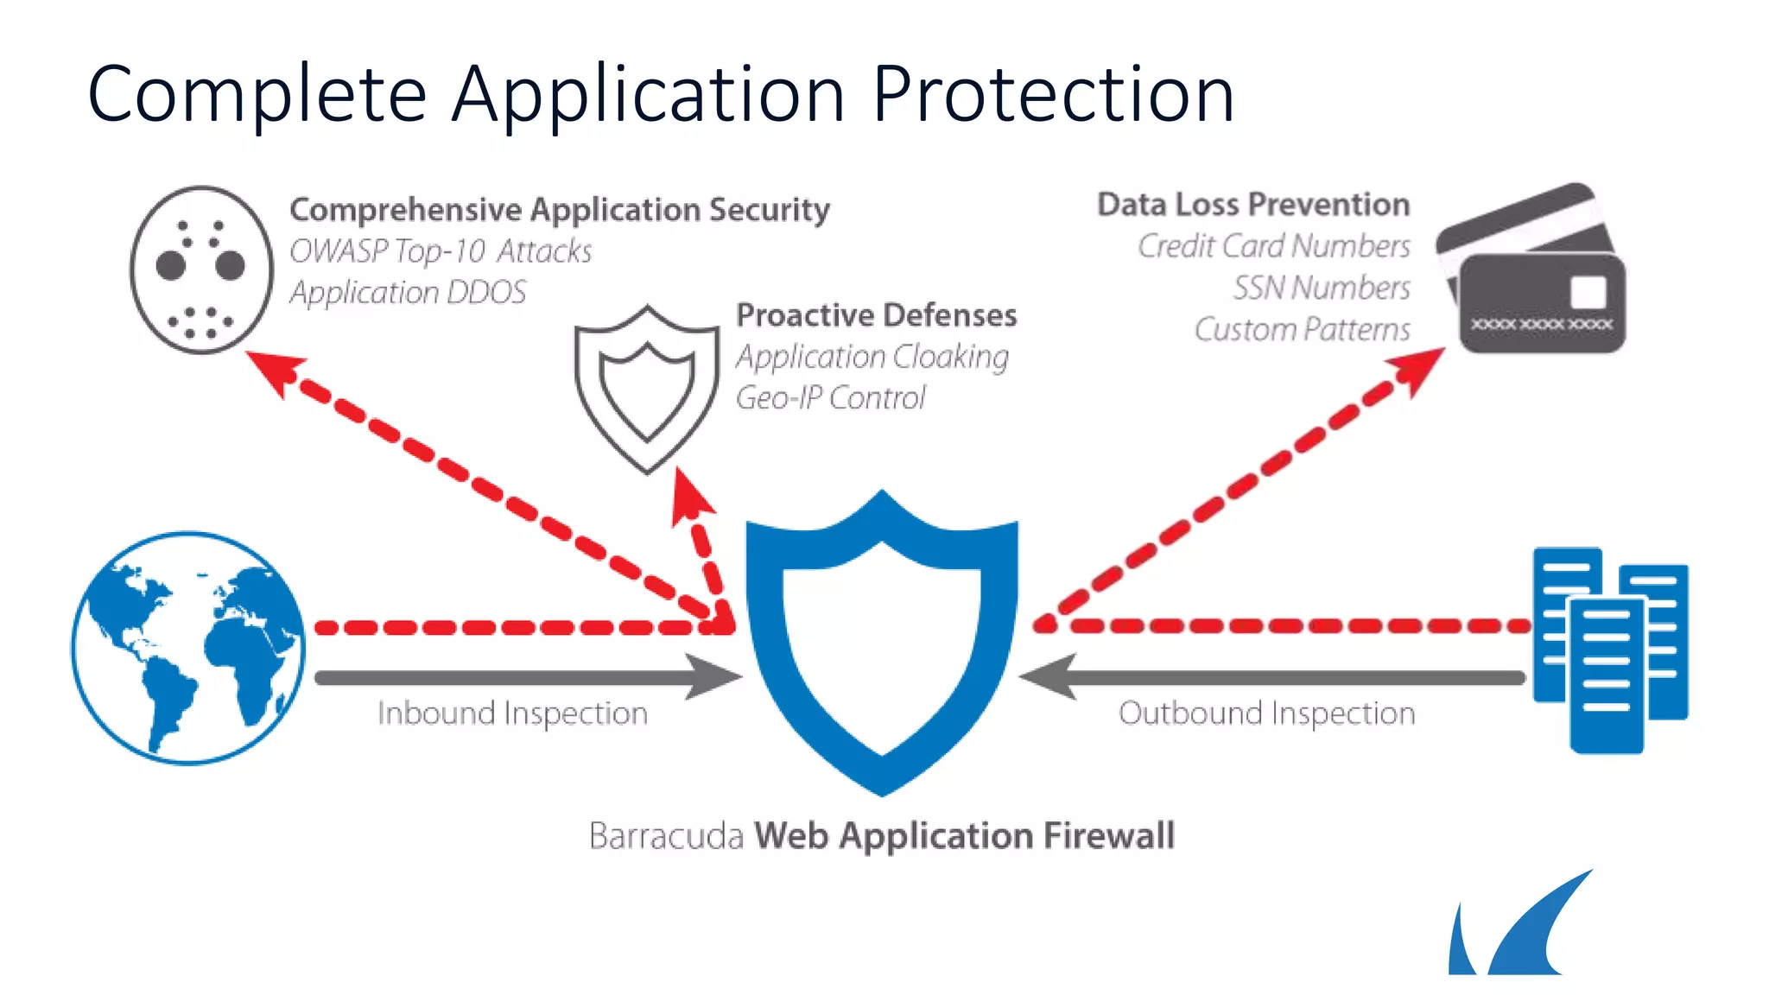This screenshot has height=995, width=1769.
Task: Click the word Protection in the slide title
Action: (1053, 94)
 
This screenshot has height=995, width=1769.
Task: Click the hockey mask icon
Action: (202, 269)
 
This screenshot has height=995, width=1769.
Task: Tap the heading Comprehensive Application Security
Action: (559, 210)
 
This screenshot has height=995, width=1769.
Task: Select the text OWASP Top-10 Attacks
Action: (441, 251)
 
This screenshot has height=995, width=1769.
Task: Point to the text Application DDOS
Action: (408, 293)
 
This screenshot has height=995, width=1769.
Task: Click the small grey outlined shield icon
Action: (647, 388)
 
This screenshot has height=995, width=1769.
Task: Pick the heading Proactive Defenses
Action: (876, 315)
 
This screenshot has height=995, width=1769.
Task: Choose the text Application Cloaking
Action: (872, 357)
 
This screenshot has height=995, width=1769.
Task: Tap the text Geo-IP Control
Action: (830, 398)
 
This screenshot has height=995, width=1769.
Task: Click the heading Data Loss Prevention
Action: (1253, 205)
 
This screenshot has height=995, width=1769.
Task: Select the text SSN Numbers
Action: (1322, 288)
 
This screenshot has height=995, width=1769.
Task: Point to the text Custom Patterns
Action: (1302, 329)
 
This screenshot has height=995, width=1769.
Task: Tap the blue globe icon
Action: (188, 648)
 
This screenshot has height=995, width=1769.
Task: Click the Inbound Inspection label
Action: (512, 713)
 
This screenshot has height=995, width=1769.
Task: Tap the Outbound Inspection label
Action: (1266, 713)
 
